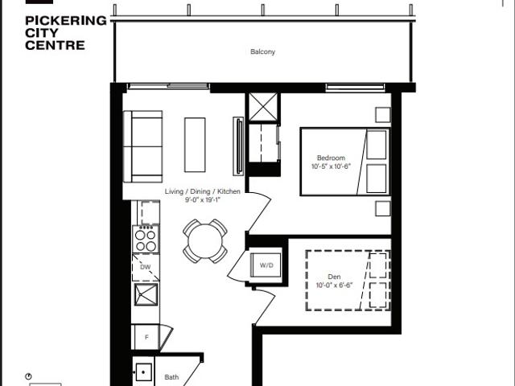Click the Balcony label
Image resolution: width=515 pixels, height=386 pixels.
[262, 51]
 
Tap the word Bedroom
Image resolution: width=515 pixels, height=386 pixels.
[331, 158]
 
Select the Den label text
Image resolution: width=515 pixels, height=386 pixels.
[334, 277]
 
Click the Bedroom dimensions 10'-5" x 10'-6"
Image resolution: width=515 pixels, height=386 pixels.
[331, 166]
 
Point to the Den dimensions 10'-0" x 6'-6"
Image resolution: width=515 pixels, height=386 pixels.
[334, 285]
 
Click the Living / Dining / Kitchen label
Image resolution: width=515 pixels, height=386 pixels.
[202, 191]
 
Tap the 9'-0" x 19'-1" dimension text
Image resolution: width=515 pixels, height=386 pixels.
[202, 199]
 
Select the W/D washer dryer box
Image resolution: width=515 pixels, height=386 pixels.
[266, 265]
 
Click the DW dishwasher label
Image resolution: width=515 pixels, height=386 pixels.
[145, 267]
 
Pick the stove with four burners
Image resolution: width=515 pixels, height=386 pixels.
[146, 240]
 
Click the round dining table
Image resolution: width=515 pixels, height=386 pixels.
[205, 241]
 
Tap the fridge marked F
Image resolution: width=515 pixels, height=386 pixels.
[145, 337]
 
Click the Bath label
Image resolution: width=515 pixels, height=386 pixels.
[171, 377]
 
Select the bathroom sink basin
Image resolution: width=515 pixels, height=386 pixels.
[143, 372]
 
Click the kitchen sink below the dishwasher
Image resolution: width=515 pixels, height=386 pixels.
[146, 294]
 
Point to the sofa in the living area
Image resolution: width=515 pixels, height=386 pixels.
[143, 146]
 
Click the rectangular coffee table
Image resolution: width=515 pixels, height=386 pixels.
[195, 145]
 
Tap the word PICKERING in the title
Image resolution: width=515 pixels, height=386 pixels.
[66, 21]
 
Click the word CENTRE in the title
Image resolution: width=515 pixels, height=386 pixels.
[55, 45]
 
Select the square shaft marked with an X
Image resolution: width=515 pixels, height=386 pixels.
[263, 107]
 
